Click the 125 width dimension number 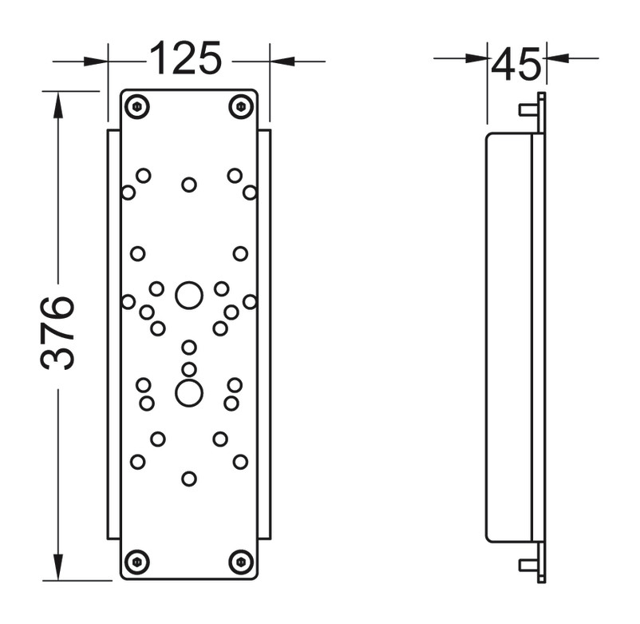tap(186, 58)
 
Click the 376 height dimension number tap(57, 333)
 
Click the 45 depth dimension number tap(516, 65)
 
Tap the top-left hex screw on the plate tap(136, 107)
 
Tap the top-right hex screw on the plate tap(241, 107)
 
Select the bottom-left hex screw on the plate tap(136, 562)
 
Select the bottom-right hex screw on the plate tap(241, 562)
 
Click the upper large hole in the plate tap(189, 296)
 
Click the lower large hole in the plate tap(189, 393)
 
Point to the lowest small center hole tap(189, 479)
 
